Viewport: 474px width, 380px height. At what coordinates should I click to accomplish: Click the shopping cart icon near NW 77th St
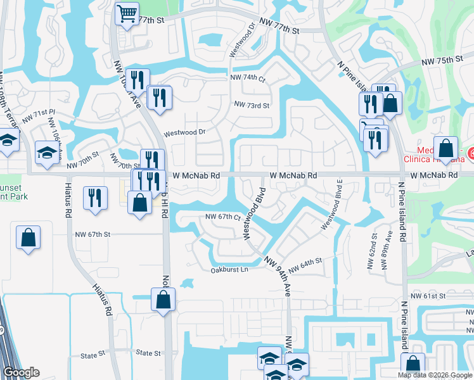[127, 13]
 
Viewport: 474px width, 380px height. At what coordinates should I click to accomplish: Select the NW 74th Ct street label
[248, 77]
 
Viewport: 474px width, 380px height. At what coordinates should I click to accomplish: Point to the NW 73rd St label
[252, 105]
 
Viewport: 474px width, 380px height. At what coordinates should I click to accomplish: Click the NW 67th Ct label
[221, 217]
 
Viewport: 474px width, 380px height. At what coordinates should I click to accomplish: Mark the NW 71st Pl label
[39, 115]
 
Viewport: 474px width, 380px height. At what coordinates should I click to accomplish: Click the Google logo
[21, 372]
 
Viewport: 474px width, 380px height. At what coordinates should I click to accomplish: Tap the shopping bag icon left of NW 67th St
[29, 238]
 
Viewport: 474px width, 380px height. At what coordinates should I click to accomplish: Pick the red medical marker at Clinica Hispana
[470, 153]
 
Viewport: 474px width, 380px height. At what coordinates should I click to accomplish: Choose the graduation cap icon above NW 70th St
[47, 153]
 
